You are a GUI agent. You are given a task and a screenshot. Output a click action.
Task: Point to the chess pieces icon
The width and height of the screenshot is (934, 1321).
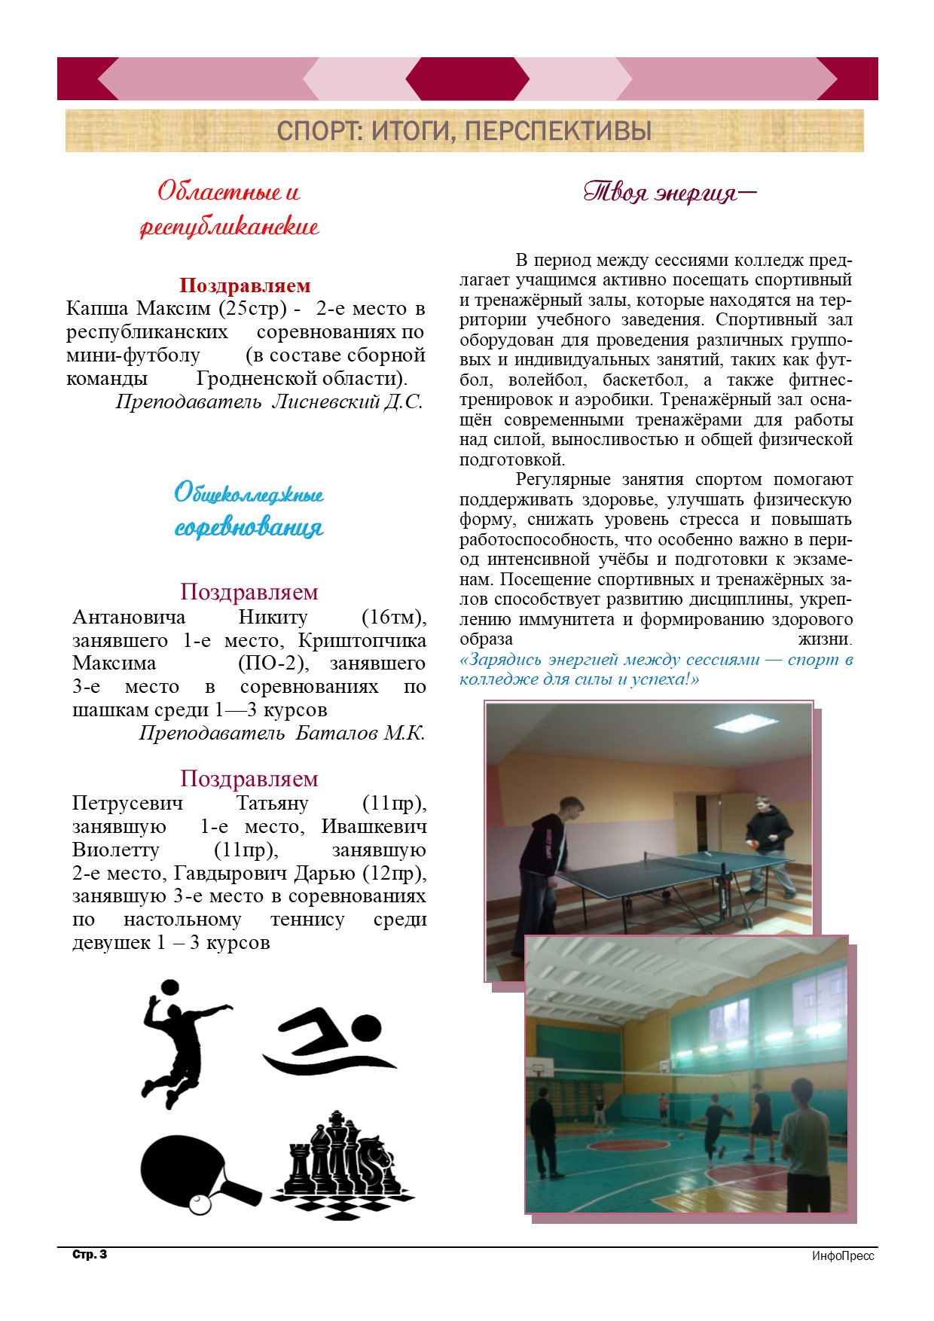[343, 1164]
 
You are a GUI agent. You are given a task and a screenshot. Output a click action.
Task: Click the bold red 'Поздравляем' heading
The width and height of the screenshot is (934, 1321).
[245, 285]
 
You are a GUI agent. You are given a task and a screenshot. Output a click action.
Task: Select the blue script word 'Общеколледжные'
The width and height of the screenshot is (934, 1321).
[249, 494]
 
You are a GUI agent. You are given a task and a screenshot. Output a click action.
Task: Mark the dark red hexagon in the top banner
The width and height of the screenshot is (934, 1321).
[467, 78]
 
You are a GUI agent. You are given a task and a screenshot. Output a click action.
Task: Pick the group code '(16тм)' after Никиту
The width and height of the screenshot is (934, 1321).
[394, 618]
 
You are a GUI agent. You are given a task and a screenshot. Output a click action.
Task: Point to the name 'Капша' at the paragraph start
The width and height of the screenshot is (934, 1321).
[97, 309]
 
